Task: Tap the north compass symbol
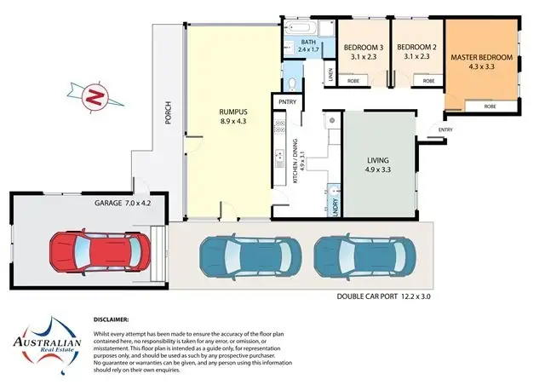(96, 96)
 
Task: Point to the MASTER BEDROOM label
(481, 61)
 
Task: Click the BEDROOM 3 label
(363, 52)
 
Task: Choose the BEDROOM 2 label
(416, 52)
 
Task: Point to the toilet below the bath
(293, 83)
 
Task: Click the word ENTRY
(445, 130)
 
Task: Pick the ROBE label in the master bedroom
(490, 106)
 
